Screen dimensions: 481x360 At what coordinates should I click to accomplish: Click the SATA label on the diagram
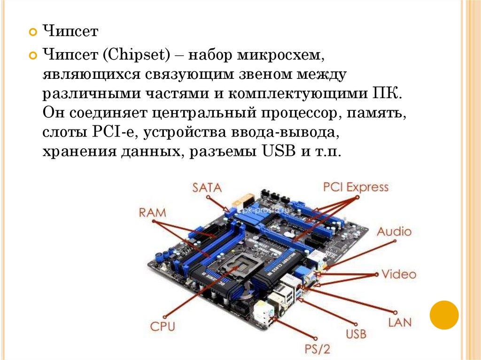pyautogui.click(x=207, y=188)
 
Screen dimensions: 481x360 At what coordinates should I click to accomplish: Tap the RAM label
pyautogui.click(x=153, y=213)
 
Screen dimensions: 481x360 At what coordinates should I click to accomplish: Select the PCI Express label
pyautogui.click(x=356, y=187)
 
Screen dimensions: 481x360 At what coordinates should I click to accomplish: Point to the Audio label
pyautogui.click(x=394, y=231)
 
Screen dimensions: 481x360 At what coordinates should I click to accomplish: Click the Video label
pyautogui.click(x=398, y=274)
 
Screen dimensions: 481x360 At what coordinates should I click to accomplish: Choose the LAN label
pyautogui.click(x=400, y=322)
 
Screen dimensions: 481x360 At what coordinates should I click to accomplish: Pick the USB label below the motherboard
pyautogui.click(x=356, y=334)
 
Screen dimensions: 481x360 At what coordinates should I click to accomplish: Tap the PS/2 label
pyautogui.click(x=318, y=350)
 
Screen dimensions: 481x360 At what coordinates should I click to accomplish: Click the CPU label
pyautogui.click(x=163, y=326)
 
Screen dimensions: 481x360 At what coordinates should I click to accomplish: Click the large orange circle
pyautogui.click(x=444, y=315)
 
